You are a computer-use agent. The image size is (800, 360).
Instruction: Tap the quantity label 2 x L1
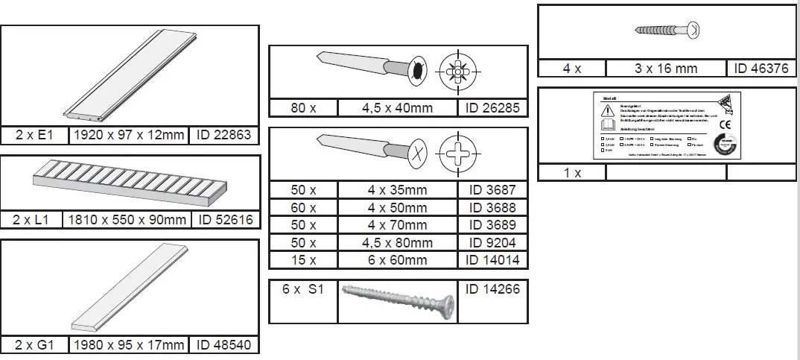coord(31,220)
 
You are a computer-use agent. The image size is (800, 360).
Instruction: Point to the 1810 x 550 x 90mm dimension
coord(127,220)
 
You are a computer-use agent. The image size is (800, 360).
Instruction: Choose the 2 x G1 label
coord(34,345)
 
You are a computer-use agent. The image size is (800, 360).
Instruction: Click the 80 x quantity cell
coord(303,108)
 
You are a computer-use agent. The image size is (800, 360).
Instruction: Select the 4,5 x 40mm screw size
coord(397,108)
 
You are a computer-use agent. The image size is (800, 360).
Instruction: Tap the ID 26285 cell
coord(492,108)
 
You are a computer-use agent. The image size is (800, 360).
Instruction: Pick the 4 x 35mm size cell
coord(397,190)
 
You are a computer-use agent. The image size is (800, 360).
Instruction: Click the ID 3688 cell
coord(492,207)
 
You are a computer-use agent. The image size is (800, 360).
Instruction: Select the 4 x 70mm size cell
coord(397,225)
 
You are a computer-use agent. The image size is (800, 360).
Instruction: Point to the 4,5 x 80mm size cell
coord(397,242)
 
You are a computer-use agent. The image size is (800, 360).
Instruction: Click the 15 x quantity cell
coord(303,260)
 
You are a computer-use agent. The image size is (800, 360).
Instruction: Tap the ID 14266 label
coord(492,289)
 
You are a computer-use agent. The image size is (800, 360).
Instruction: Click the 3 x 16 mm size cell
coord(666,69)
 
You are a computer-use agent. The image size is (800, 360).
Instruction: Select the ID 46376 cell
coord(761,69)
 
